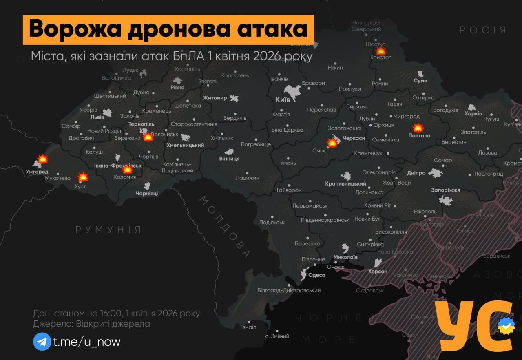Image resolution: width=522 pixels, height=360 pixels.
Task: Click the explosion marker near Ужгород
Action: (42, 159)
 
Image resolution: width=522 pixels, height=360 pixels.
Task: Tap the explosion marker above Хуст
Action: (83, 177)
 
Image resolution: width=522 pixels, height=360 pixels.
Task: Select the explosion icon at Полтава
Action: (418, 128)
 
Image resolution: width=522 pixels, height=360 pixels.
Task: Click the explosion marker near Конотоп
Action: (380, 51)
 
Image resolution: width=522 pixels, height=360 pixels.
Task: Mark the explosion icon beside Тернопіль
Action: (148, 137)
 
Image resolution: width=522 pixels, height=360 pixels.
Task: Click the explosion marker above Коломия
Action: (127, 169)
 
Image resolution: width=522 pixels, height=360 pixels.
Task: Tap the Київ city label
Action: (283, 99)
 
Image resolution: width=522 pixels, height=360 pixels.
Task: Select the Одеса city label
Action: (317, 275)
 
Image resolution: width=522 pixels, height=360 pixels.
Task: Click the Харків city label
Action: (473, 113)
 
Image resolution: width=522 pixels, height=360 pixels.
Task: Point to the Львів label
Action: (97, 117)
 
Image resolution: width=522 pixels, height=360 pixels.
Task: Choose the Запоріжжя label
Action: (445, 190)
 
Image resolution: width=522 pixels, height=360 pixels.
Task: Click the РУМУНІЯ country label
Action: (108, 230)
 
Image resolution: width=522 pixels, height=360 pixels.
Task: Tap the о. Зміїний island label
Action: (277, 336)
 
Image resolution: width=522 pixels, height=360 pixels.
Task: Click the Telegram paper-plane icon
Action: (42, 341)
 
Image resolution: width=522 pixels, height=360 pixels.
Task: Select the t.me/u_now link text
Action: (87, 342)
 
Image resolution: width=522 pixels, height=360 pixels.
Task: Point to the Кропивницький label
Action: (345, 184)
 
